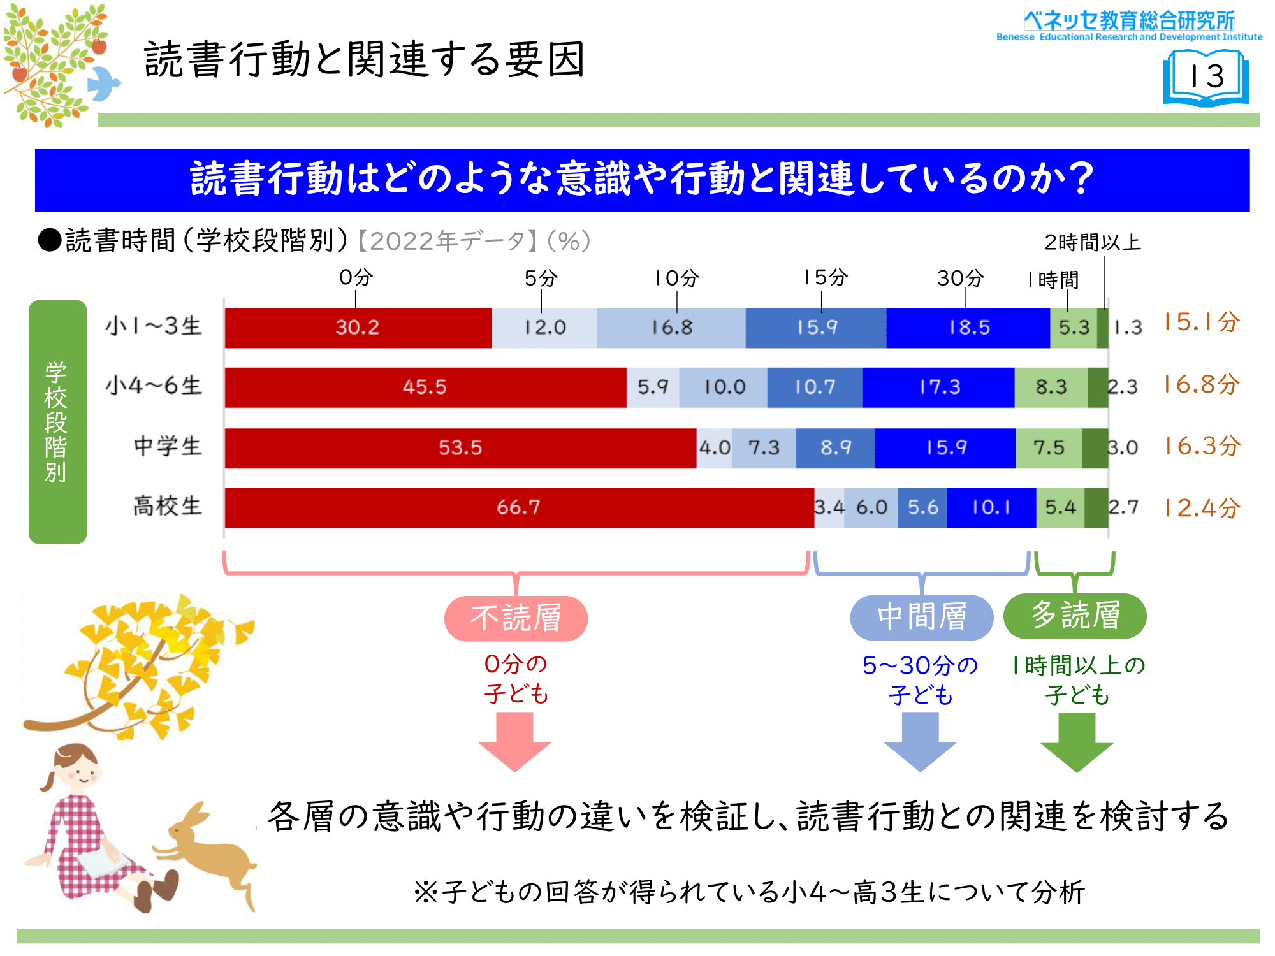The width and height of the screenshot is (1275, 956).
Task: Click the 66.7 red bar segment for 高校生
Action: (520, 508)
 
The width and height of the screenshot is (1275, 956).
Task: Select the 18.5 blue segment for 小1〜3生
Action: (968, 328)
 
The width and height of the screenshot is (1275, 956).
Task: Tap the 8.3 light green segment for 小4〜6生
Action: (1051, 387)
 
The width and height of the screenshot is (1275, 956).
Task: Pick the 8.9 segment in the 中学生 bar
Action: (835, 448)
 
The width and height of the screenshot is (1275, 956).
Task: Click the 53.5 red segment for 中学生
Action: (460, 448)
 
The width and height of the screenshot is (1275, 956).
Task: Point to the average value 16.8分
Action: (1201, 384)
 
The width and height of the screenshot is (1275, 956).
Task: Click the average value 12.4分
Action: (1201, 508)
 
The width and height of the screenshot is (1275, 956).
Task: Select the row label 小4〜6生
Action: (154, 386)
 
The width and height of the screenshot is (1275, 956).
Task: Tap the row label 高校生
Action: (168, 506)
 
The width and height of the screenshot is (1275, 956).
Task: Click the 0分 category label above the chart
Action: (356, 277)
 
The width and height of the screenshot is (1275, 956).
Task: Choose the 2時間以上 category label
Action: (1092, 242)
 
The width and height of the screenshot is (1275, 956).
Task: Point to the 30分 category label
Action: (960, 278)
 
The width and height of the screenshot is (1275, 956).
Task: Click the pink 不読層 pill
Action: (516, 618)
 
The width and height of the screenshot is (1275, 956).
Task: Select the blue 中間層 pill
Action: (922, 618)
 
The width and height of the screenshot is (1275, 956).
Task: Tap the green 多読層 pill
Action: (1075, 616)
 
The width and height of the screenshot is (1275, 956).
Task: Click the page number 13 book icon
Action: (1206, 79)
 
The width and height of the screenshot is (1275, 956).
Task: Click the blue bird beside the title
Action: (103, 83)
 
